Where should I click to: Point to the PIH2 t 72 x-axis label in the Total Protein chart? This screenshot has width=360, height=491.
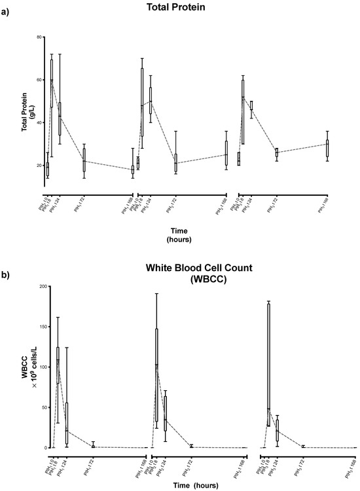pos(175,205)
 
